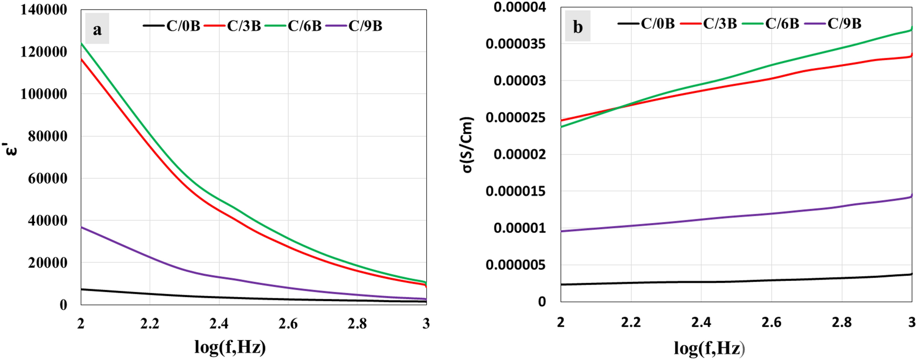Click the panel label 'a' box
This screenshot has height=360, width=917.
[x=97, y=29]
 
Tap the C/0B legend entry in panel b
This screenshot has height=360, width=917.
[x=646, y=23]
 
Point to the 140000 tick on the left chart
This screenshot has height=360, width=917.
[x=44, y=10]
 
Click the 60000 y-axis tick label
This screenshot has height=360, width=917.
[x=48, y=178]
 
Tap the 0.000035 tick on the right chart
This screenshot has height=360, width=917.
[x=515, y=44]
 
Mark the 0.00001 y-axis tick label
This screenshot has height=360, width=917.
[x=519, y=228]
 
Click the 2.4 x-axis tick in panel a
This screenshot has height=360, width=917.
[x=219, y=323]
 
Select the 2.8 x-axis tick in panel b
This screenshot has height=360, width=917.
[x=841, y=322]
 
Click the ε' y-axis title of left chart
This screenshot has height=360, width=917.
[x=12, y=148]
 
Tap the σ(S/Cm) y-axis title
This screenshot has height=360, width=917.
[x=467, y=145]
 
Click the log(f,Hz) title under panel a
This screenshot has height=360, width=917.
[x=230, y=347]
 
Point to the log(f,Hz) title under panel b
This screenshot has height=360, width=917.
[x=709, y=348]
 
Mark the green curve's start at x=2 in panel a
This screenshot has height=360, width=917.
[x=81, y=43]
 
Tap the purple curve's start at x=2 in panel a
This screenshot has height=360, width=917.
[x=81, y=227]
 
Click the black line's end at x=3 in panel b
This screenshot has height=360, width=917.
[x=912, y=274]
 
